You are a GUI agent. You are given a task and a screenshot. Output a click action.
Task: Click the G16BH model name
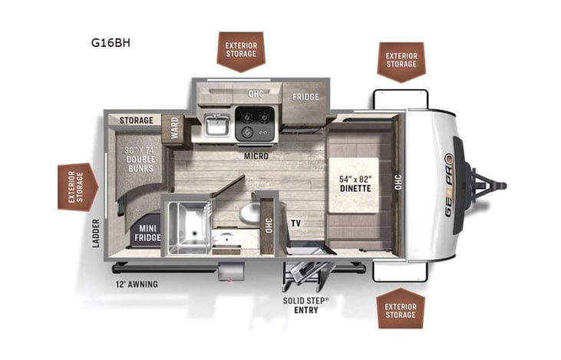(x=111, y=43)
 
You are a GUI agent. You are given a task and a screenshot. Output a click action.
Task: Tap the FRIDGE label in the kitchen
(x=305, y=97)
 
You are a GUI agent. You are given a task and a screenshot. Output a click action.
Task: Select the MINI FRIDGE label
(x=148, y=233)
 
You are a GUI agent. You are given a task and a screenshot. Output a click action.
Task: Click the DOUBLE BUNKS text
(x=140, y=157)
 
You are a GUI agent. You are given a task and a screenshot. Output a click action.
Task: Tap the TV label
(x=295, y=223)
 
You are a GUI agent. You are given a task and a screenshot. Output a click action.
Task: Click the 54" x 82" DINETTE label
(x=355, y=183)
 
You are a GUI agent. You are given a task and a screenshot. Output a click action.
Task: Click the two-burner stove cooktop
(x=255, y=124)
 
